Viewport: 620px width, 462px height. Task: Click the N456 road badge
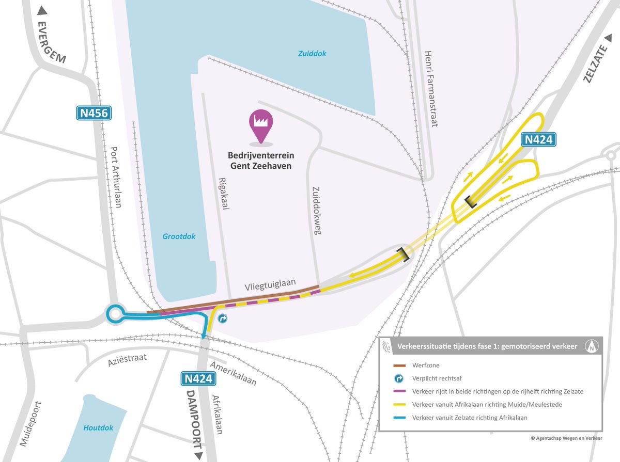tap(95, 113)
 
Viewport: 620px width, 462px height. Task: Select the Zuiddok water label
tap(312, 54)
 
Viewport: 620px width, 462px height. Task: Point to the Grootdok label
tap(179, 236)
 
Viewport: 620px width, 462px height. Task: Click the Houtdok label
tap(98, 427)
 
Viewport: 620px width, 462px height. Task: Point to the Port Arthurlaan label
tap(116, 177)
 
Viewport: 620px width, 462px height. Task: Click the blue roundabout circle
tap(115, 314)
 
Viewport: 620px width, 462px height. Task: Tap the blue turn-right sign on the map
tap(222, 318)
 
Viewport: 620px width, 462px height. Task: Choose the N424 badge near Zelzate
tap(538, 140)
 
